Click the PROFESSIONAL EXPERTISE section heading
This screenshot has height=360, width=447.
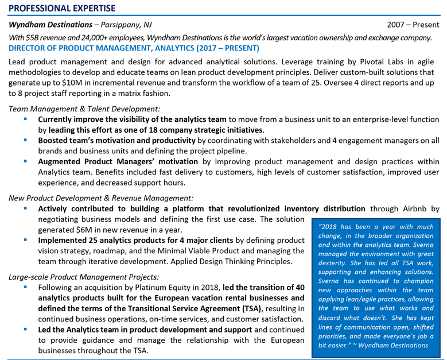[62, 8]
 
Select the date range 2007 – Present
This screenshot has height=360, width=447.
[413, 25]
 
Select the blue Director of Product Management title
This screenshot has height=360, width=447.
[134, 48]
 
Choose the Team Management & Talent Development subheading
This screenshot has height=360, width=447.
[85, 109]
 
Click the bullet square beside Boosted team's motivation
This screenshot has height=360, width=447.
[26, 140]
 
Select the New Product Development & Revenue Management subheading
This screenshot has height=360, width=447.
[101, 198]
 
